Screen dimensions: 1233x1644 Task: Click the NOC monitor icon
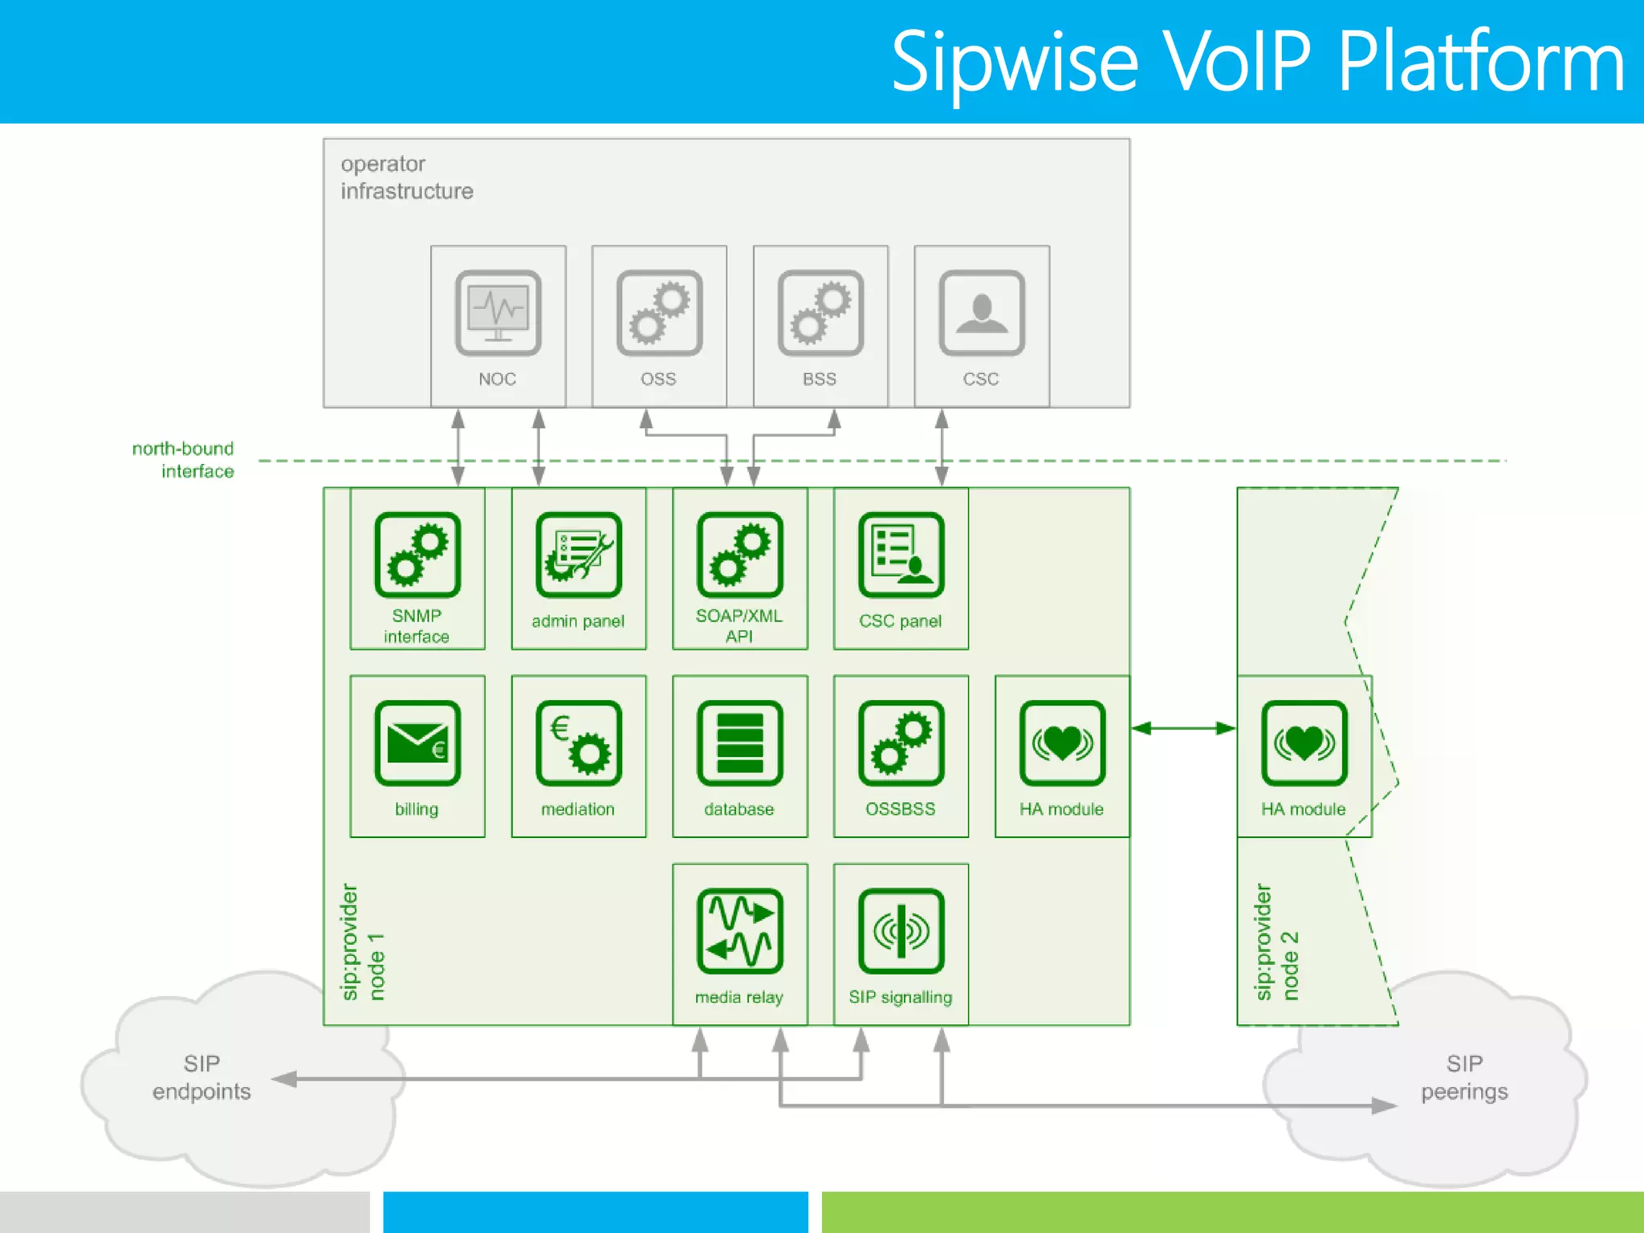pos(498,313)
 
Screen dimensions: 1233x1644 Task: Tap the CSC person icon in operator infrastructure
pos(982,313)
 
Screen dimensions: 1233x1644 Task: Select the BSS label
pos(820,379)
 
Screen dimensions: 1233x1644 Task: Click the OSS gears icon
pos(659,313)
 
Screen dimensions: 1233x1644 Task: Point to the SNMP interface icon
pos(417,555)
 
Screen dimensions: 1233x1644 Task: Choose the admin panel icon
pos(579,555)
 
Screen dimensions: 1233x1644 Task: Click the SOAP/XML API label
pos(739,626)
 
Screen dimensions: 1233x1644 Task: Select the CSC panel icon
pos(901,555)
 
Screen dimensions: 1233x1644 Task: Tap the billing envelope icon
pos(417,743)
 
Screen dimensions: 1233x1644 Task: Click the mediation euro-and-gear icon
pos(579,743)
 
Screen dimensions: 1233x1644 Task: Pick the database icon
pos(739,743)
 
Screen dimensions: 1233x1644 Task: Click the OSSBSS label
pos(901,809)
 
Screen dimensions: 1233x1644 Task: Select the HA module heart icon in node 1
pos(1062,743)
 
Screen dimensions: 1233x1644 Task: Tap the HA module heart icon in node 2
pos(1304,743)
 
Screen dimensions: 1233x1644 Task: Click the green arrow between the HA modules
pos(1183,728)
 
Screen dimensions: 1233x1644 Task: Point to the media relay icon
pos(739,931)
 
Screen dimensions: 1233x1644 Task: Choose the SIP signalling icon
pos(901,931)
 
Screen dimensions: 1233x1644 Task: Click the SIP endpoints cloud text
pos(201,1077)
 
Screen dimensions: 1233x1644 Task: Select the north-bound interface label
pos(184,460)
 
